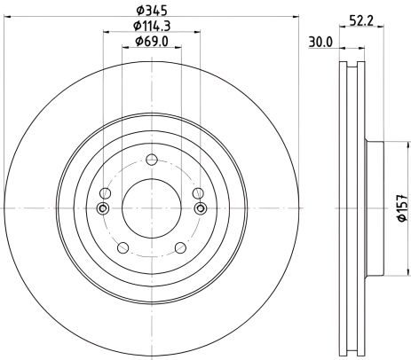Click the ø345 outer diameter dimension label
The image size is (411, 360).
pyautogui.click(x=149, y=12)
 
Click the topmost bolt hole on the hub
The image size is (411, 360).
pyautogui.click(x=151, y=160)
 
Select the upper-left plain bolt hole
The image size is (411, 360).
pyautogui.click(x=107, y=194)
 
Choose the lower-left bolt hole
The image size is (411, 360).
pyautogui.click(x=123, y=248)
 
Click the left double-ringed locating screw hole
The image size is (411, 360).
pyautogui.click(x=104, y=208)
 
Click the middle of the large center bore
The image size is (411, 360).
pyautogui.click(x=151, y=208)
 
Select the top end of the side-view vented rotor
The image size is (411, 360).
pyautogui.click(x=352, y=64)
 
